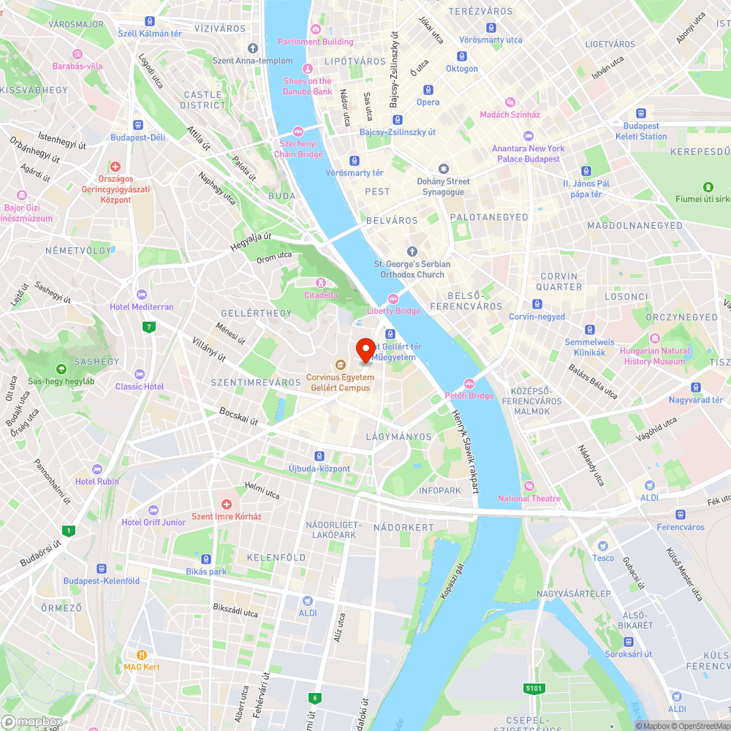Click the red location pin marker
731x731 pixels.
pyautogui.click(x=365, y=349)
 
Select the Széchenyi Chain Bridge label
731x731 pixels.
pyautogui.click(x=298, y=148)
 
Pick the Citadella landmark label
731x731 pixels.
pyautogui.click(x=321, y=295)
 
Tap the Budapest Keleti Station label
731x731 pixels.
pyautogui.click(x=641, y=131)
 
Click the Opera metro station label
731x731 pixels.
pyautogui.click(x=428, y=102)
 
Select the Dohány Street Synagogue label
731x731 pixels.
pyautogui.click(x=443, y=186)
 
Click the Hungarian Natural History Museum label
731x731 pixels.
pyautogui.click(x=654, y=356)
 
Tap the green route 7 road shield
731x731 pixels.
pyautogui.click(x=150, y=327)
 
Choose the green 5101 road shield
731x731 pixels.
pyautogui.click(x=534, y=688)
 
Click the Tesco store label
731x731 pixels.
pyautogui.click(x=603, y=558)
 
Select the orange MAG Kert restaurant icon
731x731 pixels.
pyautogui.click(x=142, y=655)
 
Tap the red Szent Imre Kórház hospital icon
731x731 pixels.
pyautogui.click(x=227, y=504)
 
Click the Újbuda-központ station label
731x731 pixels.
pyautogui.click(x=319, y=469)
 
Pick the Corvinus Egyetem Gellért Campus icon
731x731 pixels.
pyautogui.click(x=340, y=364)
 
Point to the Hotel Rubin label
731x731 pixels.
pyautogui.click(x=96, y=481)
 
